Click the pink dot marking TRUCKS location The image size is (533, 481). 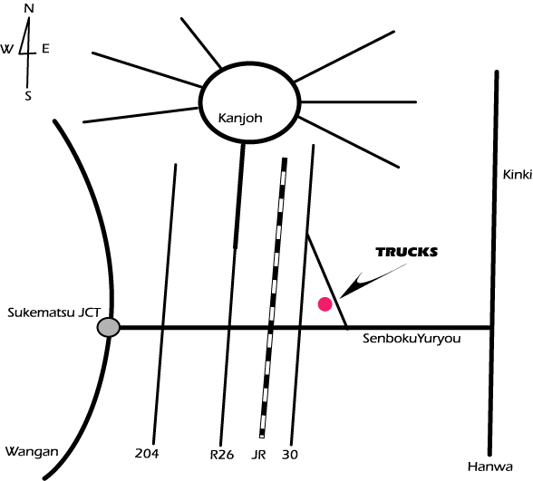click(325, 304)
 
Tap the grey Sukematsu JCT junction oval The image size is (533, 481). click(109, 328)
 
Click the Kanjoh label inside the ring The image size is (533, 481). click(240, 119)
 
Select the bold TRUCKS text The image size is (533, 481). click(406, 252)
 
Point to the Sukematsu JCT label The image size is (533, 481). click(54, 313)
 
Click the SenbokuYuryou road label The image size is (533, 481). click(412, 339)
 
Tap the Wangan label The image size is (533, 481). click(32, 452)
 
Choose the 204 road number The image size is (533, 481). click(147, 454)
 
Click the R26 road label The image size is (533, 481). click(222, 455)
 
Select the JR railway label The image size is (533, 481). click(258, 455)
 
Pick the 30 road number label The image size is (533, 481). click(290, 455)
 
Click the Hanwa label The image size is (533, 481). click(490, 467)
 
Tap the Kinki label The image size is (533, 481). click(517, 175)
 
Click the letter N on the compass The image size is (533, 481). click(29, 8)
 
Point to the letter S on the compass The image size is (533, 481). click(28, 96)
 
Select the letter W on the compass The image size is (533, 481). click(6, 49)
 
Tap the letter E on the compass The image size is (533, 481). click(45, 49)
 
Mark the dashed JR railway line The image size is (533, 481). click(274, 297)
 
